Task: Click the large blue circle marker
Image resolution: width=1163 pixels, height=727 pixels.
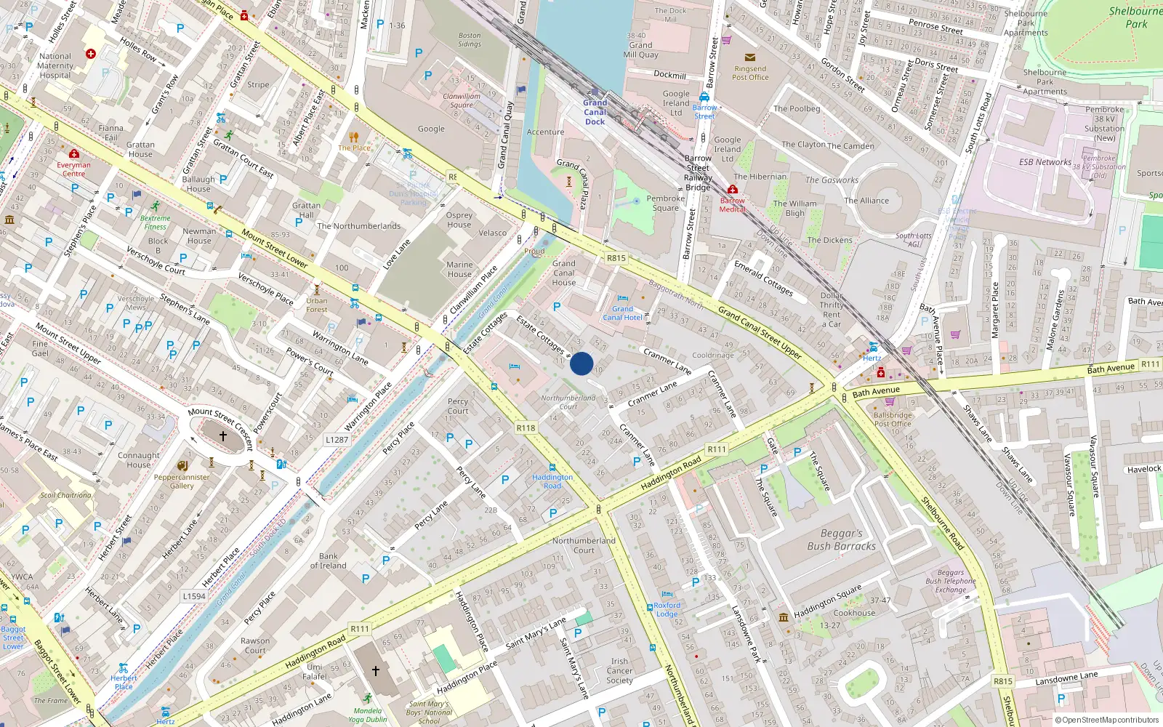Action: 581,363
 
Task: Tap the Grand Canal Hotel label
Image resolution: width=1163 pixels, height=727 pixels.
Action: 622,313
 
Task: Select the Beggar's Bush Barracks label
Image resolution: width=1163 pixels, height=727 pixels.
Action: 841,539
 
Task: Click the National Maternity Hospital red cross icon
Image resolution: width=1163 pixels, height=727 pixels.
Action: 91,54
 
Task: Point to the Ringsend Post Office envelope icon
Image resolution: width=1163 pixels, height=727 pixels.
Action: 750,57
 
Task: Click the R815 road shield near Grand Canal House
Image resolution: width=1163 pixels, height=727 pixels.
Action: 616,258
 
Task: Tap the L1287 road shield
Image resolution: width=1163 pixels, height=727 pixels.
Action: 337,440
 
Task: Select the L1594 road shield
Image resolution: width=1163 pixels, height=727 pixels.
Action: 194,596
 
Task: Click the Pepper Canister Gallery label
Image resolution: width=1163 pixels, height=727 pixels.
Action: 182,481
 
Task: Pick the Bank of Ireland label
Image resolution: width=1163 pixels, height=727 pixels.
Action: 328,561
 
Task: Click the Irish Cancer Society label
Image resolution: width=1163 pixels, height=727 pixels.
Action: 619,671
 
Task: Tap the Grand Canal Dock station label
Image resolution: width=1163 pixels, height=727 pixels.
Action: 595,112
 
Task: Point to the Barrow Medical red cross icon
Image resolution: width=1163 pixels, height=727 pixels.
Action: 732,190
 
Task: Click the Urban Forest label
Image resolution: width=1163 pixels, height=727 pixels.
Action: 316,305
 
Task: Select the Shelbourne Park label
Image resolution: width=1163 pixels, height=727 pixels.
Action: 1135,17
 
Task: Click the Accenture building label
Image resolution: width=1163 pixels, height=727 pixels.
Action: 545,132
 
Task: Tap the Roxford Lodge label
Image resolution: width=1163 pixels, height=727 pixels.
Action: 667,609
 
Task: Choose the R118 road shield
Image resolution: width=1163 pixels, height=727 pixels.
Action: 526,428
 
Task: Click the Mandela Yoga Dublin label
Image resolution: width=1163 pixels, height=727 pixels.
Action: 368,715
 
